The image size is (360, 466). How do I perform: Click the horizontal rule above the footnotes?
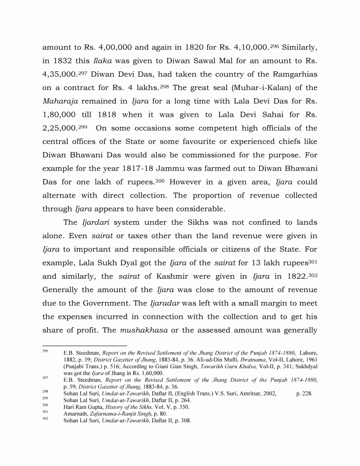[x=84, y=346]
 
